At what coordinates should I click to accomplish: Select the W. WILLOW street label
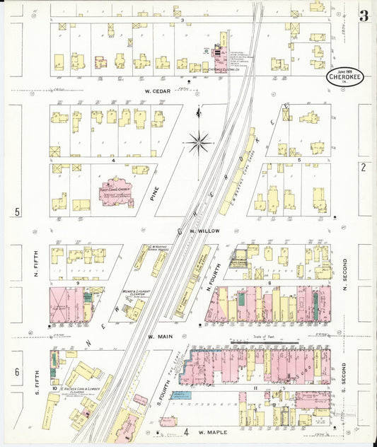[x=202, y=231]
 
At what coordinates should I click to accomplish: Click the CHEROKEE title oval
[x=345, y=78]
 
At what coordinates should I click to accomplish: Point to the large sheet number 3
[x=363, y=16]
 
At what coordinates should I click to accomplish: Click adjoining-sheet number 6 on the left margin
[x=16, y=372]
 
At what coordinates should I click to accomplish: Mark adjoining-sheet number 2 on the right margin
[x=363, y=167]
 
